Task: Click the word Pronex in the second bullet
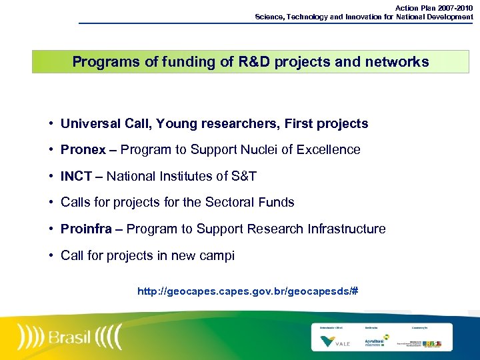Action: [83, 150]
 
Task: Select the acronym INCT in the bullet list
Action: [76, 177]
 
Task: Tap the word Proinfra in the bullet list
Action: [87, 229]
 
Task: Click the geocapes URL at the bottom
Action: [247, 291]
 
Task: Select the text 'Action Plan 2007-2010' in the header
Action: [434, 8]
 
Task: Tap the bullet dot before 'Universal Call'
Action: [51, 124]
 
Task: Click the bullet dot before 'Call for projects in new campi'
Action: [51, 256]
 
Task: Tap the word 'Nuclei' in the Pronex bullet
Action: [260, 150]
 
